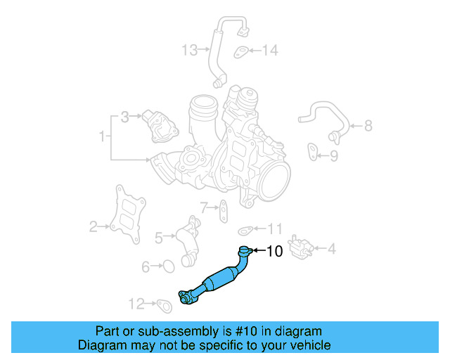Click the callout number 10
274,250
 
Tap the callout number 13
190,50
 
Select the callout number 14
270,50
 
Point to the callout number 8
368,127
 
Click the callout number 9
334,155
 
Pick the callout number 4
331,247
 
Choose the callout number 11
275,229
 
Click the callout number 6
146,266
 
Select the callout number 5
158,238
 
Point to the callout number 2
93,226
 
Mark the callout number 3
124,117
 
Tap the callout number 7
204,207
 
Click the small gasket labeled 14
240,51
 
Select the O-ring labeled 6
167,266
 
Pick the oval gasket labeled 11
245,229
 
